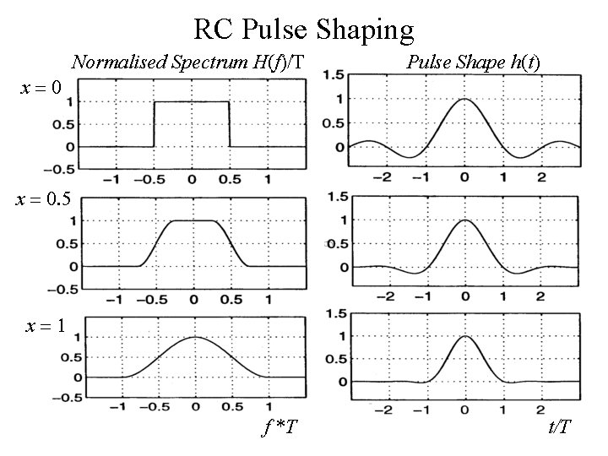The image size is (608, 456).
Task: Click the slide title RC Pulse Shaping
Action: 303,30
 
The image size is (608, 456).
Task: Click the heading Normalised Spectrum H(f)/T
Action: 187,62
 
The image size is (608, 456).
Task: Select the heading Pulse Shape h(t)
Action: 474,62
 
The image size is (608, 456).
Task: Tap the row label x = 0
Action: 39,87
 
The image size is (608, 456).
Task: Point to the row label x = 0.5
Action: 42,199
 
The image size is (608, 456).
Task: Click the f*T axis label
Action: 279,427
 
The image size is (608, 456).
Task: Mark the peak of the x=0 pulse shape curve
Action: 464,99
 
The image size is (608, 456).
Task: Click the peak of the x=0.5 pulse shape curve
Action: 464,220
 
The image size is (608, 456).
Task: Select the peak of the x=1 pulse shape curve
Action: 464,336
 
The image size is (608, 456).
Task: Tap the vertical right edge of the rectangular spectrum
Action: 230,124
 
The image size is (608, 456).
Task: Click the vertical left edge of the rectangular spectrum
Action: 155,124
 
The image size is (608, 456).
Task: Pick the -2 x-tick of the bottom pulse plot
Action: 385,411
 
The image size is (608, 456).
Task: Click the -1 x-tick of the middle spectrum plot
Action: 117,299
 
